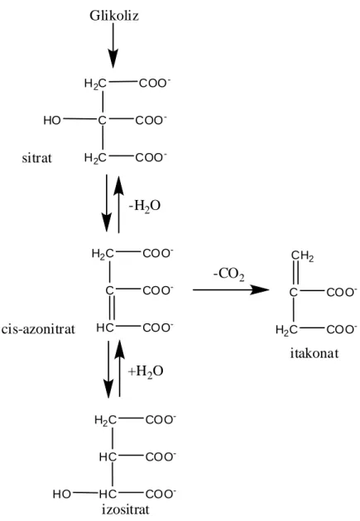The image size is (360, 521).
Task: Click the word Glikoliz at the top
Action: pos(114,15)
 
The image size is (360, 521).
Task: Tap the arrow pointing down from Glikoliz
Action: pos(113,45)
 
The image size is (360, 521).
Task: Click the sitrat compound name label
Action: pos(37,158)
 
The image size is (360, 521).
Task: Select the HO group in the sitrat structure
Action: pos(52,120)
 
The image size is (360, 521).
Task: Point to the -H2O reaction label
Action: pos(145,206)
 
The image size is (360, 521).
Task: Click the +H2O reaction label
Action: pos(146,371)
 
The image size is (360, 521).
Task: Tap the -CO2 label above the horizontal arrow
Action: pos(228,275)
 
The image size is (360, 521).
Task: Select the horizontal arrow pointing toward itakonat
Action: pos(231,289)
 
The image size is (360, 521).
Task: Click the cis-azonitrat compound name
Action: pos(38,329)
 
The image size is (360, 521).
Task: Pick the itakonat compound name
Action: pos(314,353)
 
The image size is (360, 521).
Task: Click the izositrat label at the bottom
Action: pos(126,509)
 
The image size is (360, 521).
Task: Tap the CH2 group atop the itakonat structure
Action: pos(303,256)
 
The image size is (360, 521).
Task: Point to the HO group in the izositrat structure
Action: pos(61,494)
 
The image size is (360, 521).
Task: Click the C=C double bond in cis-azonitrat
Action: pos(112,308)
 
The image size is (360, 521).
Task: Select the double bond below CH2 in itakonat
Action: pos(295,274)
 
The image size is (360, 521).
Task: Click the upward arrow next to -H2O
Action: pos(118,204)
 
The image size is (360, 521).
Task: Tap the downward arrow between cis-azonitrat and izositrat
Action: pos(108,369)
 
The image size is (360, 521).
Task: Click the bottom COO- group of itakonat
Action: pos(342,329)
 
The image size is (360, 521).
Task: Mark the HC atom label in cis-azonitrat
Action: pos(105,328)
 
